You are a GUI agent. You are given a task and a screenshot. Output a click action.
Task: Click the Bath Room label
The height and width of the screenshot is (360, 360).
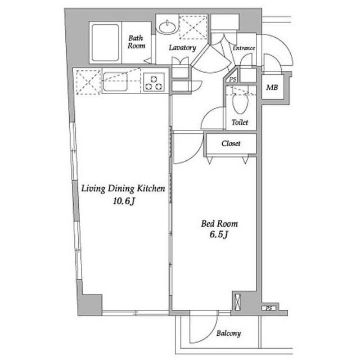coord(136,42)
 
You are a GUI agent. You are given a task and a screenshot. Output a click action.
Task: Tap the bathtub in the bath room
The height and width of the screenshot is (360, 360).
coord(105,43)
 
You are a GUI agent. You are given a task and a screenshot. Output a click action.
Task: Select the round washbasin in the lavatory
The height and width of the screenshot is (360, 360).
coord(168,28)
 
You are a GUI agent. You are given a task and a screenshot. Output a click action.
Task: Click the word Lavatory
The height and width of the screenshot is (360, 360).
coord(182,48)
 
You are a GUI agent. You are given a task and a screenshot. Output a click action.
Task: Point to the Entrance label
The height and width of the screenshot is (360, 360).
coord(244,48)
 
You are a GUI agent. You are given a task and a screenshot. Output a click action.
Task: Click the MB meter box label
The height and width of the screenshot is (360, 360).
coord(272,87)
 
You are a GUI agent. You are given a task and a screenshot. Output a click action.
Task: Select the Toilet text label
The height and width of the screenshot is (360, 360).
coord(240,122)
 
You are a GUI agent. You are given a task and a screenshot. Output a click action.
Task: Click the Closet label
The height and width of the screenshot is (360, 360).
coord(231,143)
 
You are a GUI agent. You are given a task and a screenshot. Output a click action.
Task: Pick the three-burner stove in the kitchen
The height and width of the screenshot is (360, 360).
coord(154,82)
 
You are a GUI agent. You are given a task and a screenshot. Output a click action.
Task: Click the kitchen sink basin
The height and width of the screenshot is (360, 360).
coord(115,82)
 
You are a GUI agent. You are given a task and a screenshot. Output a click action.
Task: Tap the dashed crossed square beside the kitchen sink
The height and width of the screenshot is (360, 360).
coord(88,82)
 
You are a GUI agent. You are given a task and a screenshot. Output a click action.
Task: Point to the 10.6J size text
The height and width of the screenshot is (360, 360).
coord(123,201)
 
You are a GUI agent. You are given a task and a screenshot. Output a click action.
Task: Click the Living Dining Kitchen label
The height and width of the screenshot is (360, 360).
coord(123,188)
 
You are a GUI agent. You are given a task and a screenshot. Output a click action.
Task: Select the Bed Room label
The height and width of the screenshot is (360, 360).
coord(219,224)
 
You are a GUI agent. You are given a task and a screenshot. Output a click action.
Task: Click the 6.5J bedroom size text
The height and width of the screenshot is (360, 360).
coord(219,235)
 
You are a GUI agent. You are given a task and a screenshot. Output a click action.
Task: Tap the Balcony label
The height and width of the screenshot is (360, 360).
coord(229,334)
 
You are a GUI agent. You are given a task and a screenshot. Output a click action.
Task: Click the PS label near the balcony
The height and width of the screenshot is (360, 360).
coord(269,308)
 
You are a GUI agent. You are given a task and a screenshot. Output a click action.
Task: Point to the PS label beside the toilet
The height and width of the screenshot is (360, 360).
coord(232,79)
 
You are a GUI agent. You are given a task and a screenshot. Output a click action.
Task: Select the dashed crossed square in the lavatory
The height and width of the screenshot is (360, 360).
coord(193,27)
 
